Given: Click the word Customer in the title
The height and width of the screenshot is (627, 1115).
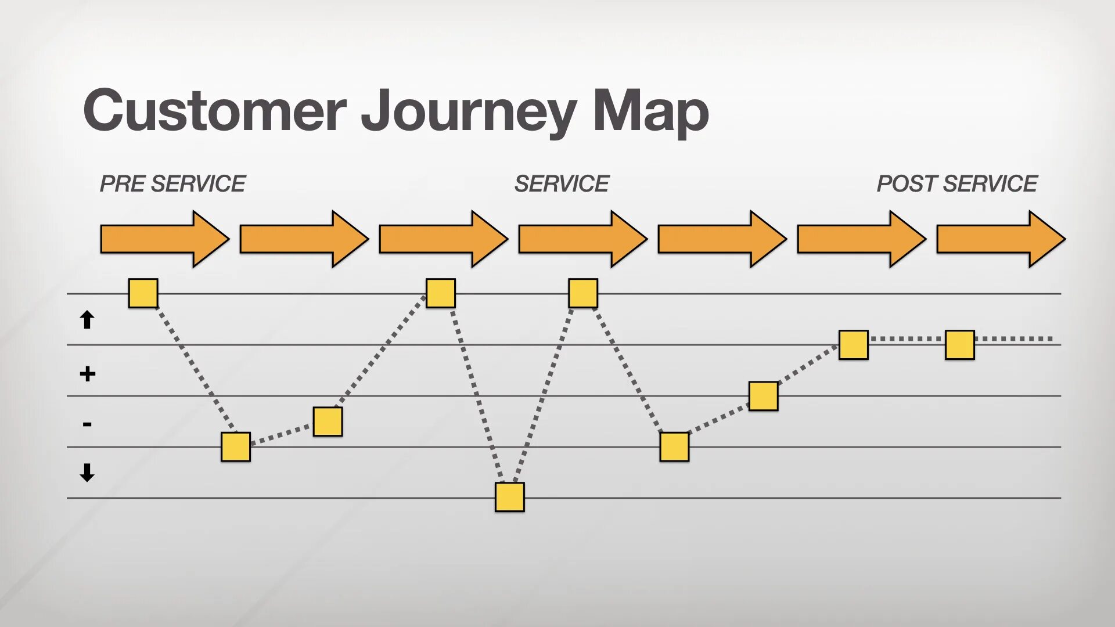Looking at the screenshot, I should [215, 110].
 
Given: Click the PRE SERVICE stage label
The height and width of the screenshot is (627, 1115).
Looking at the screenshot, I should [172, 184].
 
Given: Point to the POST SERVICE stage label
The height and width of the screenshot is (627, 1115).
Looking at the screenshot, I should [956, 184].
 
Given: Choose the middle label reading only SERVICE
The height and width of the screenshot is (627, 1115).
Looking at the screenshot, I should [561, 184].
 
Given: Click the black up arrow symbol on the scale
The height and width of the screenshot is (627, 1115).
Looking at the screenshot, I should [87, 320].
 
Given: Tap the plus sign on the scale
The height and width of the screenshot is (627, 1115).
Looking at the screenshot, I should [87, 374].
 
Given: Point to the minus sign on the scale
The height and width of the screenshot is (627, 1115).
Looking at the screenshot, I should [87, 424].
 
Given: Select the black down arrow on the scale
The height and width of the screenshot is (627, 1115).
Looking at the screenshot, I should [87, 473].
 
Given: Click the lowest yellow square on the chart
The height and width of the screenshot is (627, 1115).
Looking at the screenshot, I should [509, 497].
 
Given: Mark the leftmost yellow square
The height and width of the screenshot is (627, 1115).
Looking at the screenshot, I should [143, 293].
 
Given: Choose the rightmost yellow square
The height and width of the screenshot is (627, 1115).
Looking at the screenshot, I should [959, 345].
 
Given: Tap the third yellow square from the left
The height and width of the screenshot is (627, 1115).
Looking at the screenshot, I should [328, 421].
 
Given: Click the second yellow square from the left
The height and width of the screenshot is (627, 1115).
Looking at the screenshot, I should [235, 447].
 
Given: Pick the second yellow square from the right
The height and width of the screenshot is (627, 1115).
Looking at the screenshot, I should [853, 345].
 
